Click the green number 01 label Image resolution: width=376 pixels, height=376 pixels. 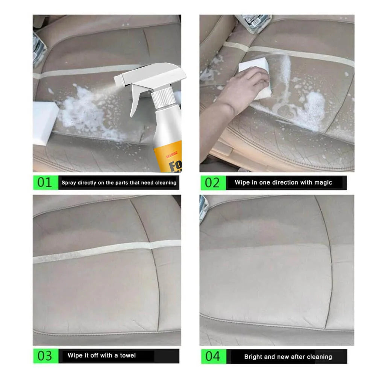(44, 183)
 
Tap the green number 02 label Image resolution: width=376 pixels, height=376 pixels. (212, 183)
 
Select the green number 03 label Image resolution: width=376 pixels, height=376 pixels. (44, 356)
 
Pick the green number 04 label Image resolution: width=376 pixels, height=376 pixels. (212, 356)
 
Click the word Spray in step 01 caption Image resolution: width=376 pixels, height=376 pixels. (68, 183)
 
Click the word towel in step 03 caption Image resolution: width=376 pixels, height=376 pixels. (128, 355)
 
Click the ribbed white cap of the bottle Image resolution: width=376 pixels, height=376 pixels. (163, 96)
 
